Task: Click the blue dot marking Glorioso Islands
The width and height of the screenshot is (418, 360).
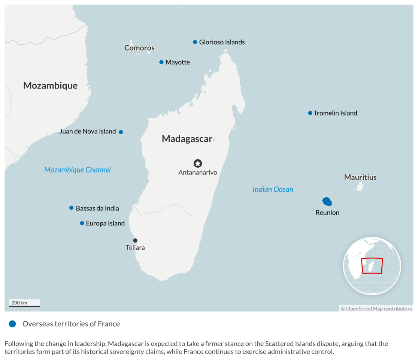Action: [x=195, y=42]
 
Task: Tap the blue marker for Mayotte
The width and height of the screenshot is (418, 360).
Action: [x=161, y=62]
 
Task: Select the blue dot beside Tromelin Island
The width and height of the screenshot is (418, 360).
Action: [x=310, y=113]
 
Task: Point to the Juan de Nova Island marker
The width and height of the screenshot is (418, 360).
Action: [x=121, y=132]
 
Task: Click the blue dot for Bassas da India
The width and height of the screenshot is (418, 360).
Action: [x=71, y=208]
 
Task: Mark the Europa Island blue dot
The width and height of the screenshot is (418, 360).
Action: [x=82, y=223]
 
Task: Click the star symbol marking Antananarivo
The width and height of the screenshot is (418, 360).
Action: [x=198, y=163]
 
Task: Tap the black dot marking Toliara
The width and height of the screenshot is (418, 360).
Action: [x=135, y=240]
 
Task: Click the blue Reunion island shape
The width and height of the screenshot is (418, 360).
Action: [x=327, y=202]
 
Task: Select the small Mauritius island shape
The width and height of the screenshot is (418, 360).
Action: [x=360, y=186]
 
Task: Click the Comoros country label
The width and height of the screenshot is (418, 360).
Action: [x=139, y=48]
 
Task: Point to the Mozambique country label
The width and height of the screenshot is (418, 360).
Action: [x=50, y=85]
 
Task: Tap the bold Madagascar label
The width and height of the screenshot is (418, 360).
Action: [x=187, y=139]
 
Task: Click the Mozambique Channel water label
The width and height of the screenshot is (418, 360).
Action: [x=78, y=170]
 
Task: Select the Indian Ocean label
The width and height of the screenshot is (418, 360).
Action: [x=273, y=189]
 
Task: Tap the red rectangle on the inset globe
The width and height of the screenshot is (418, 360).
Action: [x=372, y=265]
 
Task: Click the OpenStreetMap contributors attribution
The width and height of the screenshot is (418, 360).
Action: [x=376, y=309]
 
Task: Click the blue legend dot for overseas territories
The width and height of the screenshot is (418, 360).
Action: [x=13, y=324]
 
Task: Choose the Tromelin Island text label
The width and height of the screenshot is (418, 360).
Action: [x=335, y=113]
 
